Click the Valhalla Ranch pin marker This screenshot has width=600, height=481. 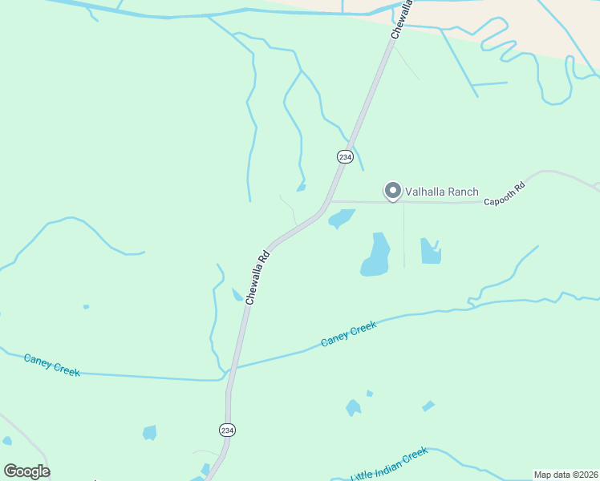(392, 191)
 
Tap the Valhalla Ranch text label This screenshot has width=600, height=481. (441, 192)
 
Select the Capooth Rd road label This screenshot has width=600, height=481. (505, 195)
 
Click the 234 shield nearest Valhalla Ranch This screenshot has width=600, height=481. (344, 157)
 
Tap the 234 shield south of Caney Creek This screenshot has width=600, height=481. (227, 430)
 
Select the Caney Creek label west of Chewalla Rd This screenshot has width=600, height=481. (52, 365)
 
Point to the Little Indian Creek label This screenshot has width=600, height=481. (390, 465)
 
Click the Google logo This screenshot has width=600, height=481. (26, 471)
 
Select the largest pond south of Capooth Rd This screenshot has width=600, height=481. (375, 255)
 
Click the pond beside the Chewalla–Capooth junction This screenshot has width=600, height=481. (341, 217)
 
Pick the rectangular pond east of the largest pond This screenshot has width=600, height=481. (431, 251)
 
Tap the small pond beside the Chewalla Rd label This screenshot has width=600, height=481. (237, 295)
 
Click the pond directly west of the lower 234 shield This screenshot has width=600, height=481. (149, 433)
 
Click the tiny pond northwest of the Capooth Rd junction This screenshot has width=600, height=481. (301, 188)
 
